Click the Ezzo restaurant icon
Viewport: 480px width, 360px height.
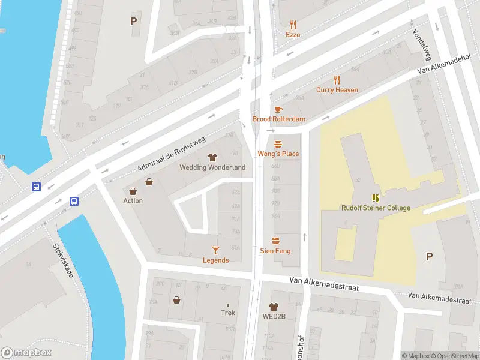click(293, 25)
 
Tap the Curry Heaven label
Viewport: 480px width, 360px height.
click(337, 90)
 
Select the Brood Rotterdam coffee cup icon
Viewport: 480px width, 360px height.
click(278, 109)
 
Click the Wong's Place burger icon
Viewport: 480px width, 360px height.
click(278, 144)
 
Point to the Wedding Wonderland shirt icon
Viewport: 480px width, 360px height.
click(212, 157)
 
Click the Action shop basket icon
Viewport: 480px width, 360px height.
click(149, 182)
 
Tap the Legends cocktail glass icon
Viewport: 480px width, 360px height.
click(215, 250)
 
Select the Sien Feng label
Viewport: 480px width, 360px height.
click(275, 250)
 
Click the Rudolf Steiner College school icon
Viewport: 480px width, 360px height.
click(376, 198)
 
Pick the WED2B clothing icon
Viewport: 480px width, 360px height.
click(274, 307)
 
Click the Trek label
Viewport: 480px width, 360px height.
click(227, 313)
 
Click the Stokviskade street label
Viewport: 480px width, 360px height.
click(63, 260)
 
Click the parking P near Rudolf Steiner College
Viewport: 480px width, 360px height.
click(429, 256)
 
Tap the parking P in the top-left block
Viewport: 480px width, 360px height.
click(133, 22)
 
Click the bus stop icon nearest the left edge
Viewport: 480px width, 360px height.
click(37, 187)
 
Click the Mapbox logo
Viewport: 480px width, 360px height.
click(26, 352)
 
